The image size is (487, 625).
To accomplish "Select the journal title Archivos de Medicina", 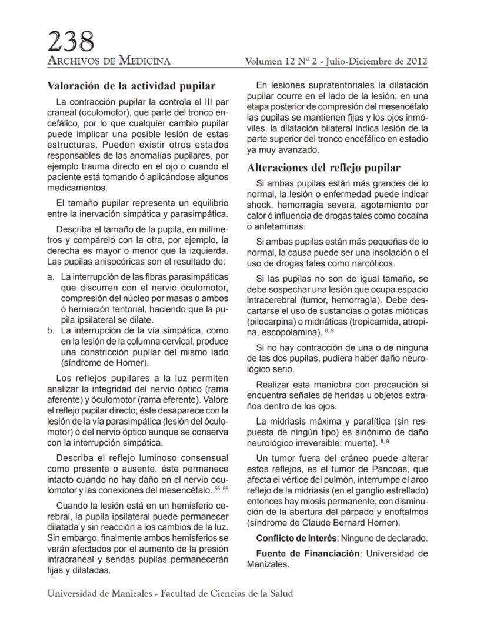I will [109, 61].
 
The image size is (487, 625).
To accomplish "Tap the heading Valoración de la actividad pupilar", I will [131, 86].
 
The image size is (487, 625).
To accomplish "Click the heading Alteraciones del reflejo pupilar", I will [324, 167].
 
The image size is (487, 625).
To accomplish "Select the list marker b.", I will [51, 331].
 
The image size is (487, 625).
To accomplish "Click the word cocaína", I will [411, 215].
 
